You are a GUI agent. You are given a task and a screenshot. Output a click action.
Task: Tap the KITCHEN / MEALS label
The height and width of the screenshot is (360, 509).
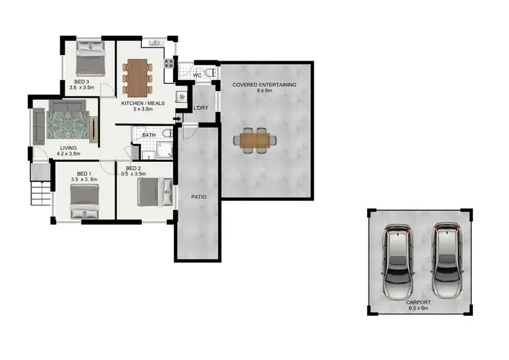coord(143,104)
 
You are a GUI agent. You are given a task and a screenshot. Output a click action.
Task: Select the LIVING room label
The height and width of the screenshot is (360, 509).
coord(68,147)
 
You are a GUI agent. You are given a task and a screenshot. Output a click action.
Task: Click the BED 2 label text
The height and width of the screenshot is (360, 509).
coord(133,168)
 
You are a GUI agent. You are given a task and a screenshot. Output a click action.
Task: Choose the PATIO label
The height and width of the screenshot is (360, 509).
coord(198,197)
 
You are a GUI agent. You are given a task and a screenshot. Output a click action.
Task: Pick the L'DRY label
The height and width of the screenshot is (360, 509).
coord(201,109)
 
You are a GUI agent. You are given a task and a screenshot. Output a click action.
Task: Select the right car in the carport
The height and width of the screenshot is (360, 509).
coord(445,259)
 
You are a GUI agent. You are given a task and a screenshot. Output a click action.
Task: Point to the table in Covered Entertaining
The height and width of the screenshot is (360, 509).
coord(255,140)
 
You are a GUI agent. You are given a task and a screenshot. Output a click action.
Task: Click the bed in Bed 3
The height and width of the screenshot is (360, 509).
coord(89,60)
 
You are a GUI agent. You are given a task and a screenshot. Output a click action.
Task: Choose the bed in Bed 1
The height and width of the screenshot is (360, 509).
coord(86,198)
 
